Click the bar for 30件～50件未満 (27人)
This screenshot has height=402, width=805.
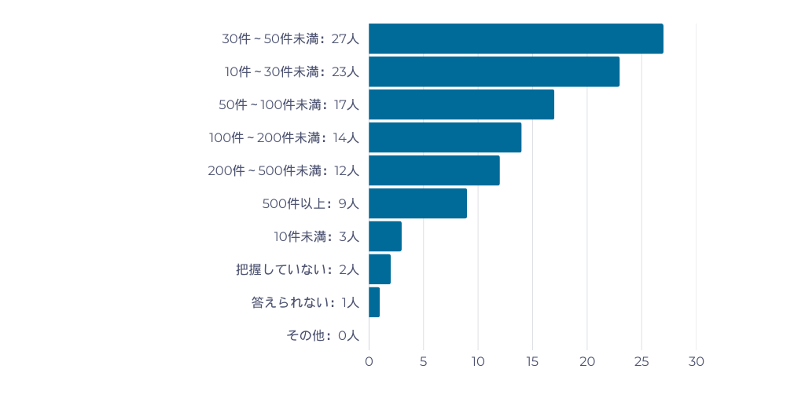[516, 38]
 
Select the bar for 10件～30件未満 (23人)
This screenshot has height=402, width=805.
[494, 71]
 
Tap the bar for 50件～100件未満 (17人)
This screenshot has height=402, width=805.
[461, 104]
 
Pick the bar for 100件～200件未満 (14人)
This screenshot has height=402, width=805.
[445, 137]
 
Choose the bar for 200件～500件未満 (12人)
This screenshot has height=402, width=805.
[434, 170]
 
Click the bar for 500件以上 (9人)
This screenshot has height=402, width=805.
[417, 203]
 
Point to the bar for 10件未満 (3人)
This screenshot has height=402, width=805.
[385, 236]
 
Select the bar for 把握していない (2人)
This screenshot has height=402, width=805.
[380, 269]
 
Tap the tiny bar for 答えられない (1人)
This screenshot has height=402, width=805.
[374, 302]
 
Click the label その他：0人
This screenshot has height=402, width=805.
[322, 335]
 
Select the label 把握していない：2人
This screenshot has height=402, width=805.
[297, 269]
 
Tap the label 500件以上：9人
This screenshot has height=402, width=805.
[311, 203]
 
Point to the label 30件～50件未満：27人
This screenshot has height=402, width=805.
[290, 38]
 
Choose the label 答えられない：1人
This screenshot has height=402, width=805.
[305, 302]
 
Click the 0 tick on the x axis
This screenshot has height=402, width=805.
[369, 362]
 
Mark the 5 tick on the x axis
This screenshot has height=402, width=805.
[424, 362]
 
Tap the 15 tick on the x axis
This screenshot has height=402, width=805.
[532, 362]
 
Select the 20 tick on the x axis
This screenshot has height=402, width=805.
[587, 362]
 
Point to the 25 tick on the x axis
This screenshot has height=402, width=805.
[641, 362]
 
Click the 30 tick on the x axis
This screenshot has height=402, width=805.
[697, 362]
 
